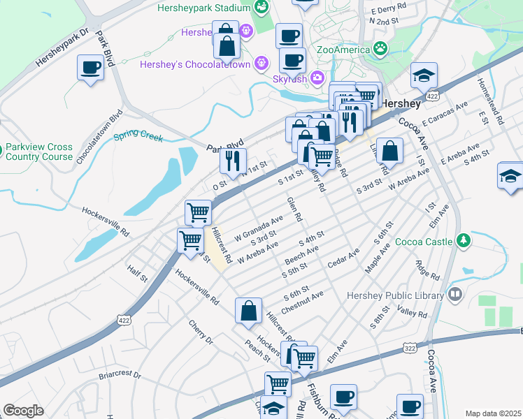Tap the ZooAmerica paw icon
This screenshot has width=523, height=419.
click(x=380, y=49)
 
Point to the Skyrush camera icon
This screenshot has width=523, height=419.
click(x=317, y=77)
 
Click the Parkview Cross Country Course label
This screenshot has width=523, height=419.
click(x=38, y=152)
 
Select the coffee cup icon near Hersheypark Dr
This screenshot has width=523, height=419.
click(x=90, y=68)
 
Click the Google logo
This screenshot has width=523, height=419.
click(x=22, y=411)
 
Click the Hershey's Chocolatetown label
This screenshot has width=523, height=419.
click(x=205, y=62)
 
